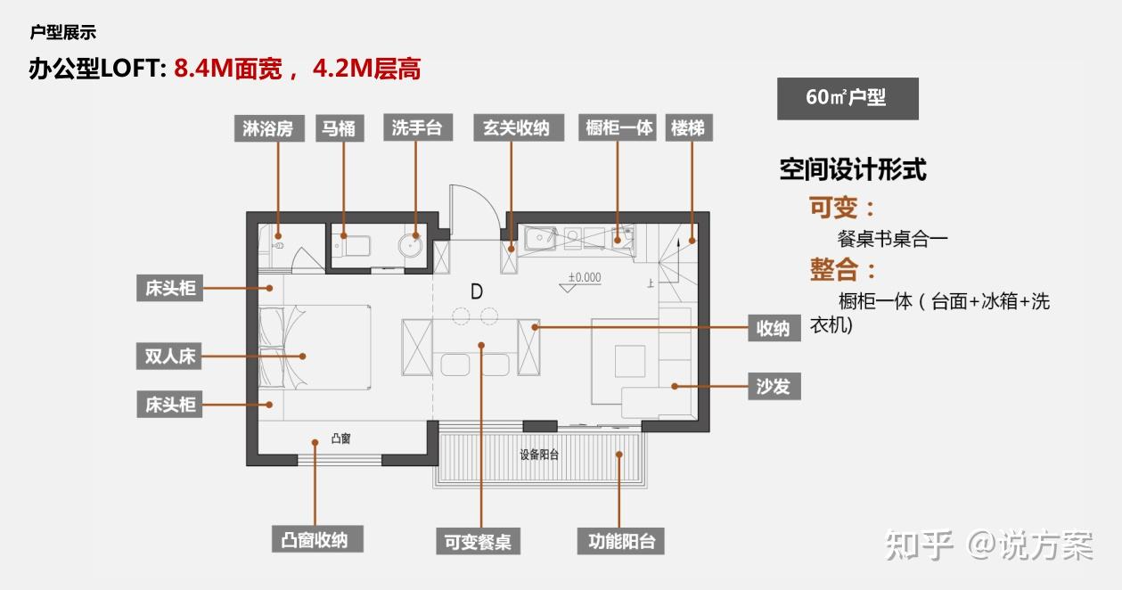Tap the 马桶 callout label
(x=338, y=128)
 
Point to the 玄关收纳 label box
(x=512, y=128)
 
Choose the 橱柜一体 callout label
(x=619, y=128)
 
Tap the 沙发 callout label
(x=773, y=386)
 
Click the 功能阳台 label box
(x=621, y=540)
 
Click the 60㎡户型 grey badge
(x=847, y=97)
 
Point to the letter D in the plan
(x=477, y=291)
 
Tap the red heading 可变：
(x=841, y=208)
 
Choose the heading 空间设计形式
(x=852, y=169)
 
